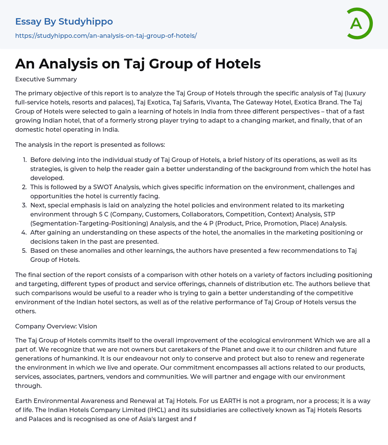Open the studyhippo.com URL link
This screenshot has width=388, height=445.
(x=106, y=36)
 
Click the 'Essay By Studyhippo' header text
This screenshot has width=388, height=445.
(x=64, y=22)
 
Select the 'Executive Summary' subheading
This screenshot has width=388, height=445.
(x=46, y=79)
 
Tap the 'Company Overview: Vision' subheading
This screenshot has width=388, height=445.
(x=56, y=327)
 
